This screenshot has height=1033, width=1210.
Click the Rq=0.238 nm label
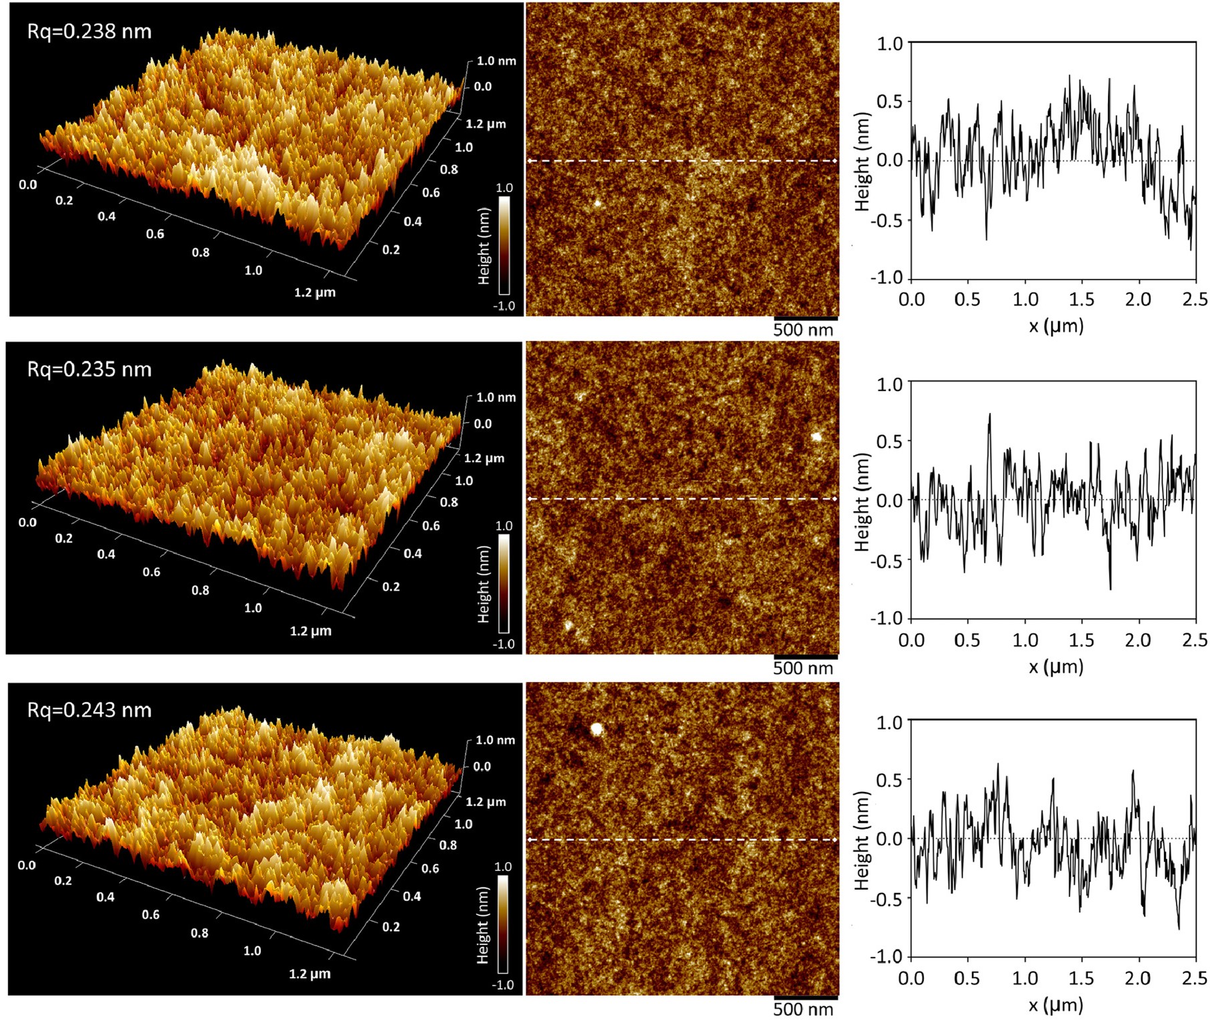coord(89,31)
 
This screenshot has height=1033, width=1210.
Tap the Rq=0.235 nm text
coord(89,369)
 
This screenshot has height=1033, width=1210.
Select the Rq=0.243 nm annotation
coord(89,710)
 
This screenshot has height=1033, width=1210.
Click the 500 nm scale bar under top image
coord(805,319)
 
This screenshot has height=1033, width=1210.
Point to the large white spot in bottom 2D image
coord(596,729)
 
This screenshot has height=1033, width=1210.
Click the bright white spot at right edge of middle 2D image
coord(816,437)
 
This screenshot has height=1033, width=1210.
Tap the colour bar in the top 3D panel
coord(504,245)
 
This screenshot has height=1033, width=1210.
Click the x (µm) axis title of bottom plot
coord(1055,1005)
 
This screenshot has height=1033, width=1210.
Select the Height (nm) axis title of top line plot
coord(862,161)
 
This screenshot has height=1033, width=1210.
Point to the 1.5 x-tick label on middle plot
coord(1081,641)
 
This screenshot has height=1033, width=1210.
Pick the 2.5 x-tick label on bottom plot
coord(1195,979)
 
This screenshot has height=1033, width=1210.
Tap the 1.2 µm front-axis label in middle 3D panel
coord(310,631)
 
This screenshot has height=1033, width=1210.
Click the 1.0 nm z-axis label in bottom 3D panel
coord(495,740)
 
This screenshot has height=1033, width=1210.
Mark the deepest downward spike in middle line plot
coord(1111,588)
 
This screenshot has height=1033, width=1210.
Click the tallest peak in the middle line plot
coord(990,415)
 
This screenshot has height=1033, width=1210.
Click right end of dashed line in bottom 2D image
coord(835,839)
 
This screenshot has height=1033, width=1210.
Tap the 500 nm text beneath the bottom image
coord(803,1010)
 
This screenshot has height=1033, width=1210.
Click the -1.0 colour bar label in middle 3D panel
coord(504,644)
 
